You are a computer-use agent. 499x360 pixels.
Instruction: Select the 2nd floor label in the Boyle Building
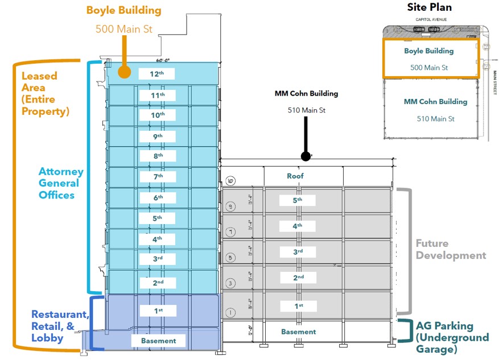(x=158, y=283)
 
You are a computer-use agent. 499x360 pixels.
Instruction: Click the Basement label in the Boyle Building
(x=158, y=341)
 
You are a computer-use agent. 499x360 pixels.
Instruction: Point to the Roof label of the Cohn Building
(x=295, y=176)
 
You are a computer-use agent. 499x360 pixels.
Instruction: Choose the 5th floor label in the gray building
(x=298, y=201)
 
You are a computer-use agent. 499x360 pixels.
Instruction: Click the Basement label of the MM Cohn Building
(x=298, y=332)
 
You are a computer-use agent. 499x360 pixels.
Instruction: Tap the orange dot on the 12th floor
(x=123, y=72)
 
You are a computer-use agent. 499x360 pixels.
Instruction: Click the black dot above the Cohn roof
(x=306, y=156)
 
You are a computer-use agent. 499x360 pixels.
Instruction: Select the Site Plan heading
(x=429, y=7)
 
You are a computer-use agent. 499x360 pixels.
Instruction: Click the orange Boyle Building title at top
(x=123, y=10)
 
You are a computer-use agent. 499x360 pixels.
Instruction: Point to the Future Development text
(x=451, y=249)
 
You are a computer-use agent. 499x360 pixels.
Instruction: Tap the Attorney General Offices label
(x=61, y=183)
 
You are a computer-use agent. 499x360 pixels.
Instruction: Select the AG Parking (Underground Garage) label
(x=452, y=337)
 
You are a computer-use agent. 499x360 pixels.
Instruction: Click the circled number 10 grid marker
(x=230, y=181)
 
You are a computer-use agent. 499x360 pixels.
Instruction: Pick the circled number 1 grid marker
(x=230, y=312)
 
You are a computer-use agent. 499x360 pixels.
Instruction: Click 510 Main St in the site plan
(x=435, y=119)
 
